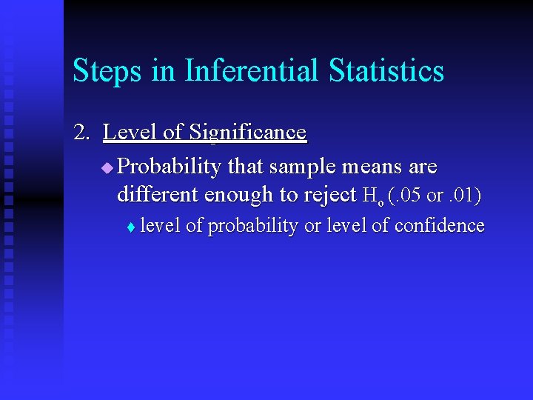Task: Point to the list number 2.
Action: [x=81, y=133]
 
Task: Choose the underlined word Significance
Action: [x=247, y=133]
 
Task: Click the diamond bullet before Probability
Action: [x=107, y=168]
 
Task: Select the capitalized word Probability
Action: [x=169, y=167]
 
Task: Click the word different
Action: [x=158, y=195]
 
